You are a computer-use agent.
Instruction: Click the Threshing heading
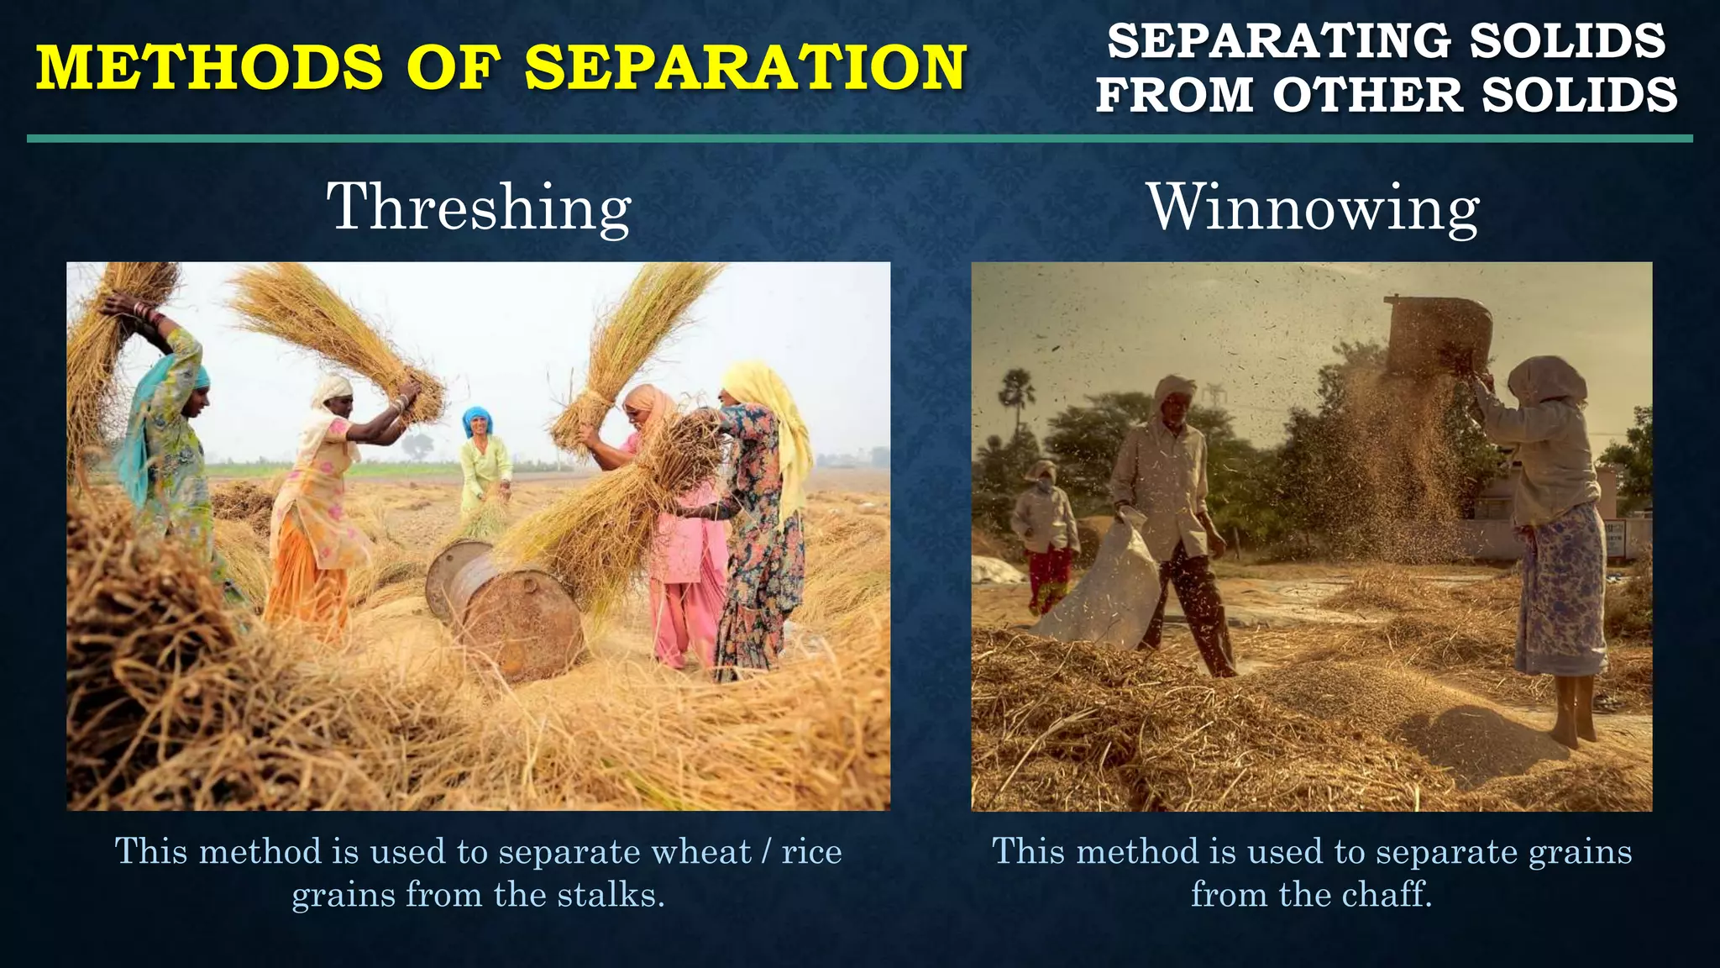click(x=479, y=208)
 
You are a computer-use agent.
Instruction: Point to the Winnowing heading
click(x=1313, y=208)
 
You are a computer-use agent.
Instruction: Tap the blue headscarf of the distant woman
click(x=477, y=418)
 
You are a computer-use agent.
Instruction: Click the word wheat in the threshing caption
click(x=701, y=852)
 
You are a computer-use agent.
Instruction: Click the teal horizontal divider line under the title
click(x=860, y=139)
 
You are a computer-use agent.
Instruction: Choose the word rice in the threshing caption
click(x=811, y=852)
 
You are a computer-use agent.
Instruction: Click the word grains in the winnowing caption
click(x=1580, y=852)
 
